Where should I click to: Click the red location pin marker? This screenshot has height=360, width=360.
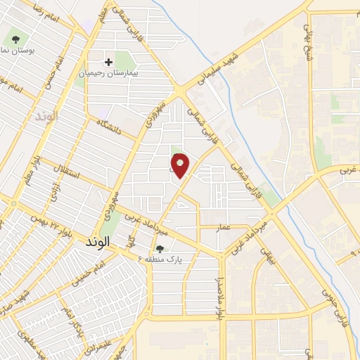click(181, 166)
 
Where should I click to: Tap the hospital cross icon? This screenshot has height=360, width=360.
click(108, 62)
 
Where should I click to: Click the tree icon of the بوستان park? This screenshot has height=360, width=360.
click(14, 37)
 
